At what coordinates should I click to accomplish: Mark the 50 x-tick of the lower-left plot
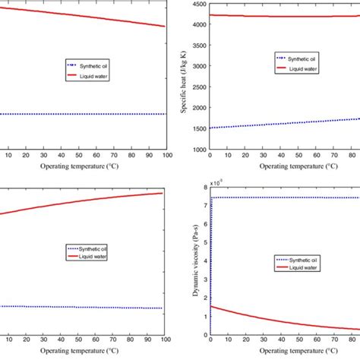pyautogui.click(x=84, y=341)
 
